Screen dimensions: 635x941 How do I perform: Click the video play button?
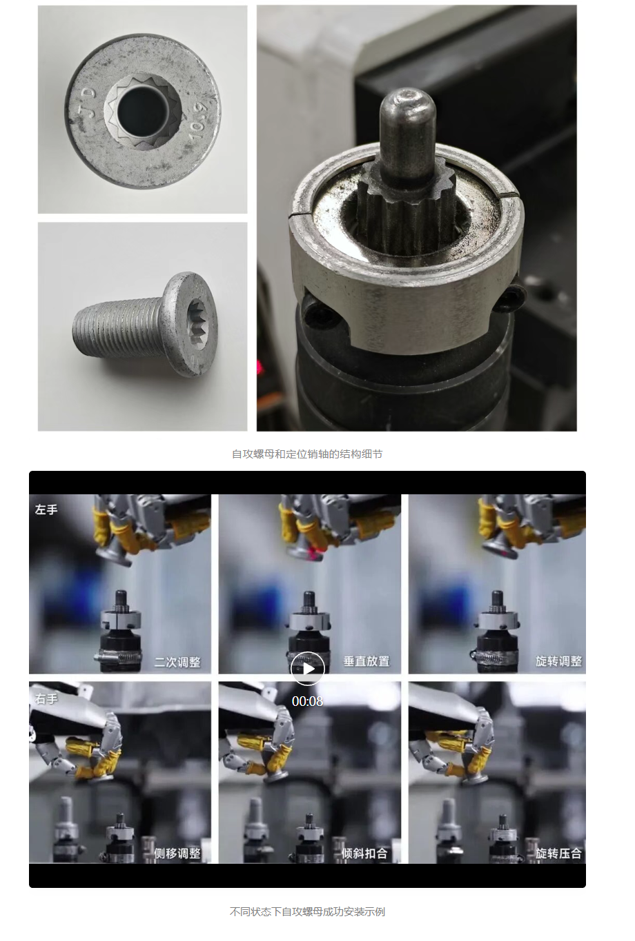(x=307, y=669)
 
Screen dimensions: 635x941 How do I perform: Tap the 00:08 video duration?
(x=307, y=701)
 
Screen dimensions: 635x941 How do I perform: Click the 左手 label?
(x=46, y=510)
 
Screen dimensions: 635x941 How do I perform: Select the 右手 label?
(x=46, y=699)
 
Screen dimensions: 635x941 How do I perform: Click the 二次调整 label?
(x=177, y=662)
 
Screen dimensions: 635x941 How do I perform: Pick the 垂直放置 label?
(x=367, y=662)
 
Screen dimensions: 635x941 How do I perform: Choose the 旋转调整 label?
(x=558, y=662)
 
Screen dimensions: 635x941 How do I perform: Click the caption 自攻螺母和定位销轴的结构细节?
(x=307, y=454)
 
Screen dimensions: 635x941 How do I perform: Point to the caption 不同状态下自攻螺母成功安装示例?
(x=307, y=912)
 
